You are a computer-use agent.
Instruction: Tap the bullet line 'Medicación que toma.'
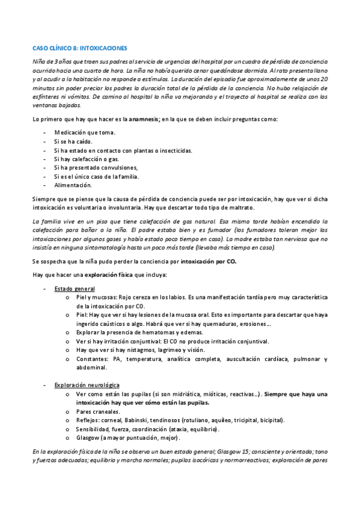click(x=85, y=132)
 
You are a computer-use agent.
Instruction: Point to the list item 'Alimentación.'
click(x=73, y=185)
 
